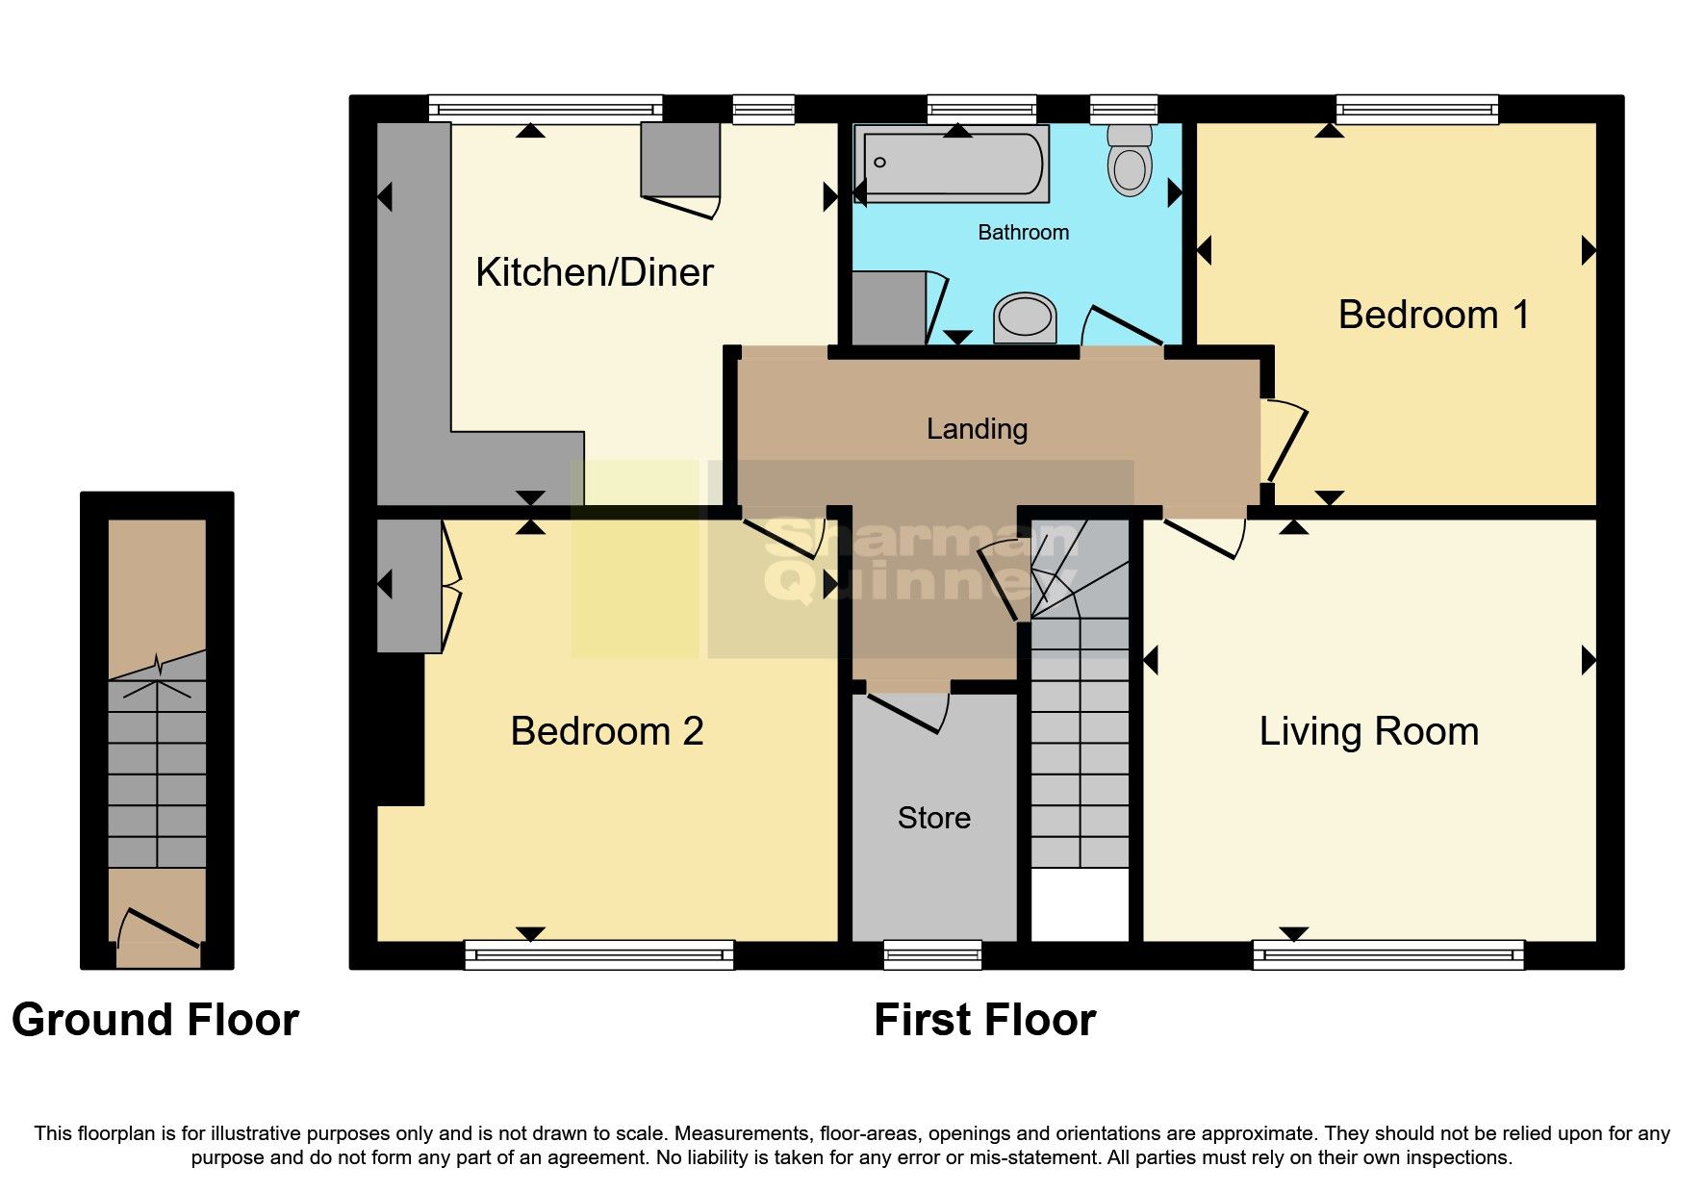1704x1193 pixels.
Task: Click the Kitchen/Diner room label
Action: click(594, 273)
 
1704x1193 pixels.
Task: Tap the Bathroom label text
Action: click(1023, 233)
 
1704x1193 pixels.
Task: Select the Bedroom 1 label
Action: click(1433, 316)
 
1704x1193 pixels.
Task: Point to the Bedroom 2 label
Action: click(606, 732)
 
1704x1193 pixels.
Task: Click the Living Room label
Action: click(1368, 732)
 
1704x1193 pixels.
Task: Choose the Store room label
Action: click(933, 819)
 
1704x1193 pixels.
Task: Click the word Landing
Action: click(977, 429)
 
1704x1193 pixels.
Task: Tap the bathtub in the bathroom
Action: click(953, 165)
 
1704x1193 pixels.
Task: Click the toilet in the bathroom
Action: click(1130, 162)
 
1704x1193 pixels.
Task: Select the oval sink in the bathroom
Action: click(1025, 317)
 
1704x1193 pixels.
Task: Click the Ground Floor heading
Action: click(155, 1021)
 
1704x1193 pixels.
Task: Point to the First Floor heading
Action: click(984, 1021)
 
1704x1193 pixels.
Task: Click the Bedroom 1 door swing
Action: click(1285, 443)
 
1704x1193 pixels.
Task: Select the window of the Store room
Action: click(932, 955)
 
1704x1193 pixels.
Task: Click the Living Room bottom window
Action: click(1387, 955)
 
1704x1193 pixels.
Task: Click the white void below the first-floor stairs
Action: click(1080, 904)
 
